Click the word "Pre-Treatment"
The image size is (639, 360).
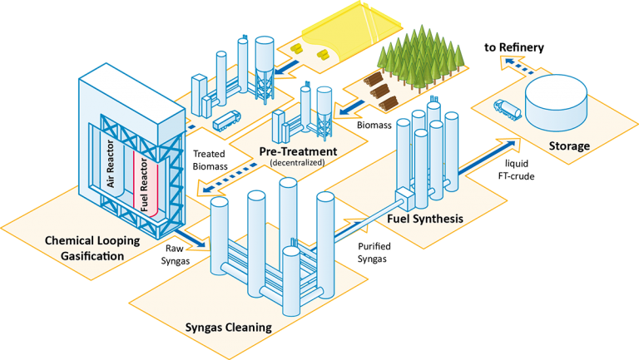(297, 151)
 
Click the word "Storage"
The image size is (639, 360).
(569, 146)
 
